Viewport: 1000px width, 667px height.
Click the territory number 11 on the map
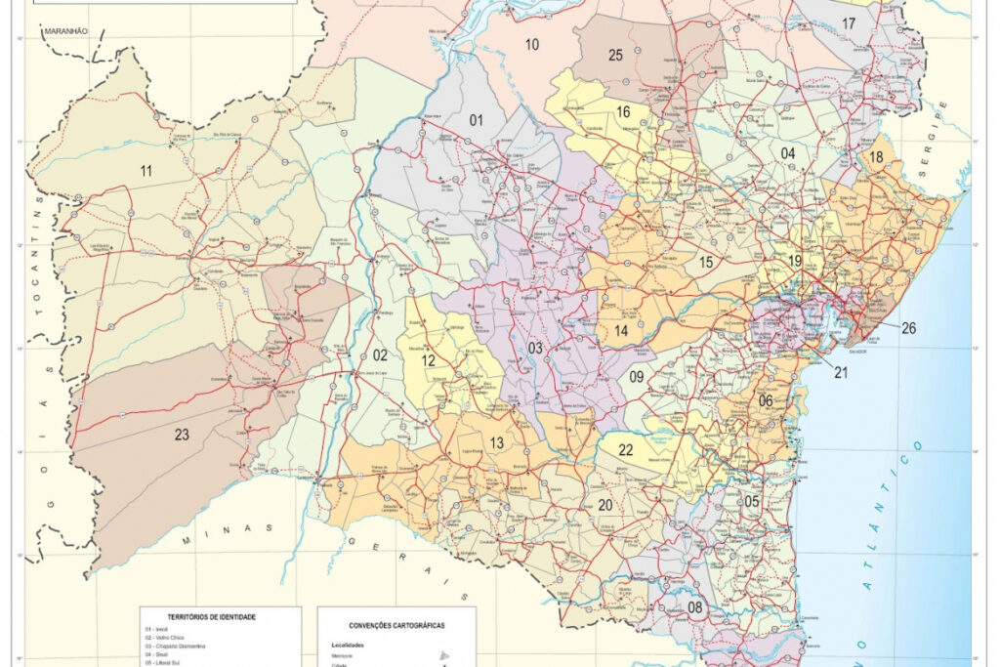click(146, 171)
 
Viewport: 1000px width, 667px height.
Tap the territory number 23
click(182, 435)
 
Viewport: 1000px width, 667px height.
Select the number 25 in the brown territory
click(615, 55)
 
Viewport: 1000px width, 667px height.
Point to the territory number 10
click(532, 44)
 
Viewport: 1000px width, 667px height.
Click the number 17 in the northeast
click(849, 21)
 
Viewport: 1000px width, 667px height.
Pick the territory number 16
click(622, 111)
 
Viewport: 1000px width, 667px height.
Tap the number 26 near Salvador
click(908, 328)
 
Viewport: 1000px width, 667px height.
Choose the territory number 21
click(841, 372)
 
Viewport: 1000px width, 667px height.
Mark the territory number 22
click(626, 449)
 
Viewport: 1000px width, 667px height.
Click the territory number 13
click(497, 443)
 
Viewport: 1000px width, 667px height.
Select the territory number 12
click(429, 360)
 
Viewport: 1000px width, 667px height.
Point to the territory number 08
click(695, 607)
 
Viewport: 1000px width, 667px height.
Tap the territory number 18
click(876, 156)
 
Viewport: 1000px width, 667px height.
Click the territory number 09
click(637, 376)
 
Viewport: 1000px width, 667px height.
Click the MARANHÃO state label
click(65, 31)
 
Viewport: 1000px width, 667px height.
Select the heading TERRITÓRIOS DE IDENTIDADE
click(212, 617)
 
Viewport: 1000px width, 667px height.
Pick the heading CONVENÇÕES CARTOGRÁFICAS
click(396, 625)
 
